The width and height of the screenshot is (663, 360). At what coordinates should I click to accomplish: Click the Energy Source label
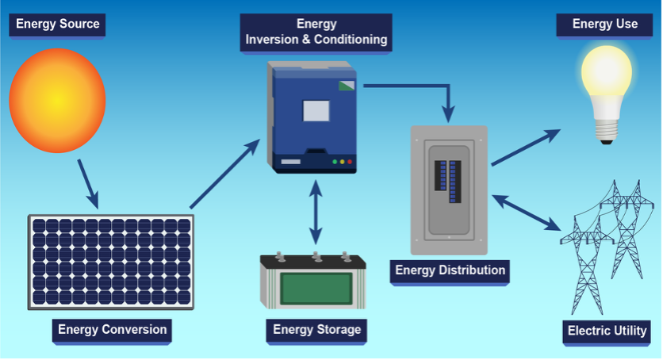pos(58,24)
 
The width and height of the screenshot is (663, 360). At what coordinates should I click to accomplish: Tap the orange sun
pos(57,99)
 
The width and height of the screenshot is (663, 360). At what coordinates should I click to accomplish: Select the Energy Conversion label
pos(112,330)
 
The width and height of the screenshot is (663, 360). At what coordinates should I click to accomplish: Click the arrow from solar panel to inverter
pos(225,174)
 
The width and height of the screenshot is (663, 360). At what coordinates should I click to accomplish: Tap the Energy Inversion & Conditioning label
pos(316,32)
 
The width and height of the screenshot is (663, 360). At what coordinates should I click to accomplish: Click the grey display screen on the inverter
pos(316,109)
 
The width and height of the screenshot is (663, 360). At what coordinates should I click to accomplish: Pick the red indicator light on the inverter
pos(349,162)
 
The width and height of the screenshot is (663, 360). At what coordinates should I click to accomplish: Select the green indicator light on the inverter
pos(335,162)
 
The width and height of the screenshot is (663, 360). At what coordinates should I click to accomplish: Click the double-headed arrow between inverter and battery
pos(316,213)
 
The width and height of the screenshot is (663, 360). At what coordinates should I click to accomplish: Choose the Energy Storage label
pos(316,330)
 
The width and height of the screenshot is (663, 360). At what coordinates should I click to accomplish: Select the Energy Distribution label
pos(450,270)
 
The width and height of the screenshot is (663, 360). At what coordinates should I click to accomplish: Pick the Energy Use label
pos(605,24)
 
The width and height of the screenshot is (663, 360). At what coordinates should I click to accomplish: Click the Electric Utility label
pos(607,331)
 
